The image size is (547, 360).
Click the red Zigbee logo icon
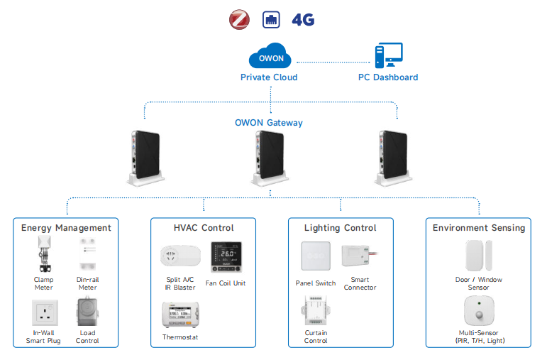[x=240, y=19]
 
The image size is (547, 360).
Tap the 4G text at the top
[x=303, y=20]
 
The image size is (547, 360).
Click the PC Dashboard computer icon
[x=388, y=56]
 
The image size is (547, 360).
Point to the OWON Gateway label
[x=269, y=123]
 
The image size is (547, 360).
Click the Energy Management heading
[x=66, y=228]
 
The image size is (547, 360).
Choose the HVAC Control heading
[x=204, y=228]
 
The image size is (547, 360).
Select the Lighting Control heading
[x=341, y=228]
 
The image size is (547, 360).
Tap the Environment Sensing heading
[x=479, y=228]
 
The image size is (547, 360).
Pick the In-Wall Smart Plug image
[x=44, y=312]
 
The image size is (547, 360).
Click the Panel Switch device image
[x=316, y=258]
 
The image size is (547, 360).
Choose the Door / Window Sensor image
[x=478, y=256]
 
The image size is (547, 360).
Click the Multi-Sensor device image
[x=478, y=311]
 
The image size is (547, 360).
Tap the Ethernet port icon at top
[x=271, y=19]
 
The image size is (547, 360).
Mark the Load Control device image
[x=87, y=312]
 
